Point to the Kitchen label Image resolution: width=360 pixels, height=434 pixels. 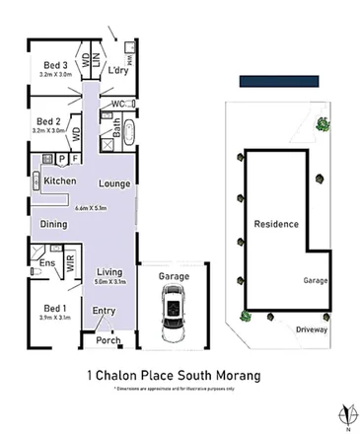(x=62, y=181)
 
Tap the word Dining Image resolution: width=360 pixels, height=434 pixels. (x=54, y=226)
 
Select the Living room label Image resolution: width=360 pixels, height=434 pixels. (x=109, y=271)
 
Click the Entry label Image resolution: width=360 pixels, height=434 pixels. (x=105, y=311)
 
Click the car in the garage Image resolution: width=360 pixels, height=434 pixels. (x=174, y=308)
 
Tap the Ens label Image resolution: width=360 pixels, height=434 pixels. (x=45, y=263)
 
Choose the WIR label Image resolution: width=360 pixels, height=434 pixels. (x=70, y=262)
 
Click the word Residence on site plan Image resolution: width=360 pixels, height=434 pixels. (x=276, y=224)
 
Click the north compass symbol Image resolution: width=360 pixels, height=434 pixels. (x=344, y=413)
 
